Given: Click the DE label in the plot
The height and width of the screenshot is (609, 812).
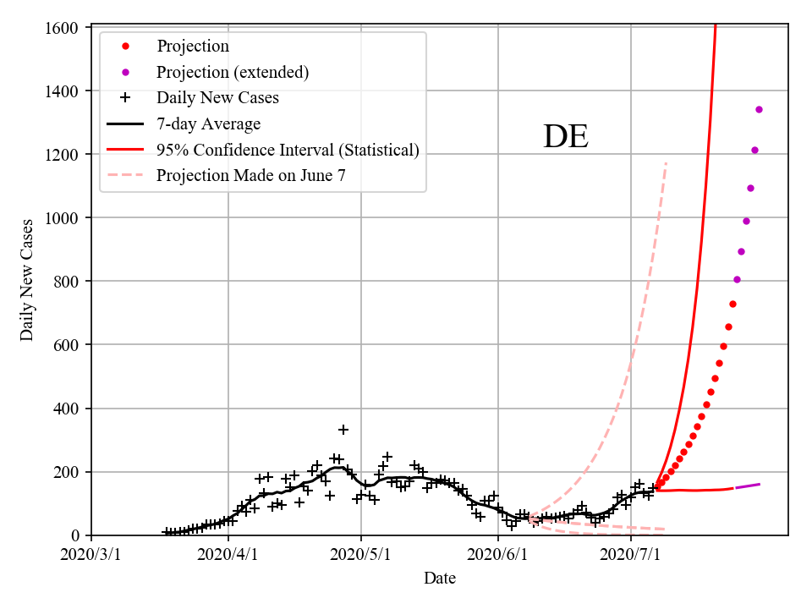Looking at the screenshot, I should [565, 137].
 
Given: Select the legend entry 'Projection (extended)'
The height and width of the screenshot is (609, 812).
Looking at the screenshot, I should [233, 72].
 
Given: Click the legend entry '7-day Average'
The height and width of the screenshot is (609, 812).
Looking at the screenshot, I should [208, 124].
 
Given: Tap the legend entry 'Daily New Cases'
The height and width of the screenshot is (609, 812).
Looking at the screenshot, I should [217, 98].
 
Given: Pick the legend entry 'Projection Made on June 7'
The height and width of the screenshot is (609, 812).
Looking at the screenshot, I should [251, 176].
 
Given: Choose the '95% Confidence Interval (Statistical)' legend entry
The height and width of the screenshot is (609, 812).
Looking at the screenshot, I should [288, 150].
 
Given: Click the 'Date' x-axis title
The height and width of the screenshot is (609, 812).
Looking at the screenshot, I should [440, 579].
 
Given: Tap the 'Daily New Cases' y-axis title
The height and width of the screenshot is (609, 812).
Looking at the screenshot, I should [28, 281].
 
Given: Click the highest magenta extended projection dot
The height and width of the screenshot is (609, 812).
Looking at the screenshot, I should [759, 109].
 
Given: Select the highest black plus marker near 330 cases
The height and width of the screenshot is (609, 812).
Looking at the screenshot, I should [343, 430].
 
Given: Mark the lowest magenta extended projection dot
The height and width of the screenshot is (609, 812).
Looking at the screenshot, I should [737, 279].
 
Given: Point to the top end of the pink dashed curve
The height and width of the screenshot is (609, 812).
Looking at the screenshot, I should [666, 162].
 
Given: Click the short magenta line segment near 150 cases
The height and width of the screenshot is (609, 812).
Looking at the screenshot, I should [748, 486].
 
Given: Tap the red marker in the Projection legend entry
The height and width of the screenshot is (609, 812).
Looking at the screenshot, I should [125, 46].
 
